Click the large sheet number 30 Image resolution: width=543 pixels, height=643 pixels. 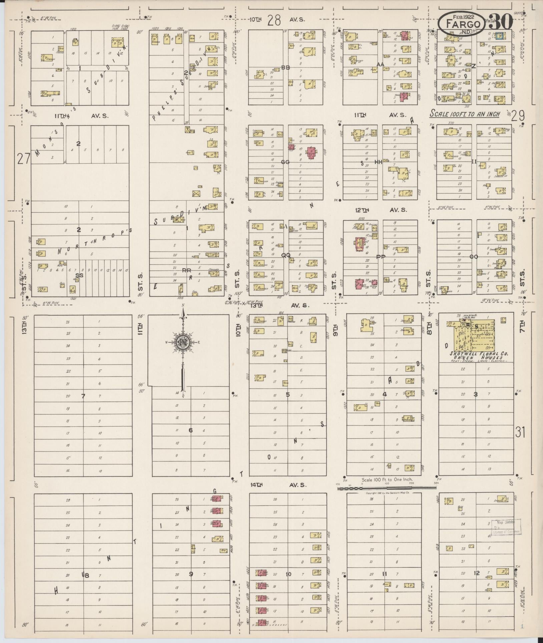(501, 22)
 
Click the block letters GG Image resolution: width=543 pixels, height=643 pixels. (285, 162)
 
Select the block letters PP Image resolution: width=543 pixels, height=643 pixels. (381, 257)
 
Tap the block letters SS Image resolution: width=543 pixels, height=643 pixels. (79, 275)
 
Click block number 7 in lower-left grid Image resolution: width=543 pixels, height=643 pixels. (83, 396)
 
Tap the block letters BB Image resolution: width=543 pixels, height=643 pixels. (286, 67)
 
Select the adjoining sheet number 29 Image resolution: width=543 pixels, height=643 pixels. (517, 115)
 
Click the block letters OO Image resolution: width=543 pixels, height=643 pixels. (473, 257)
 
